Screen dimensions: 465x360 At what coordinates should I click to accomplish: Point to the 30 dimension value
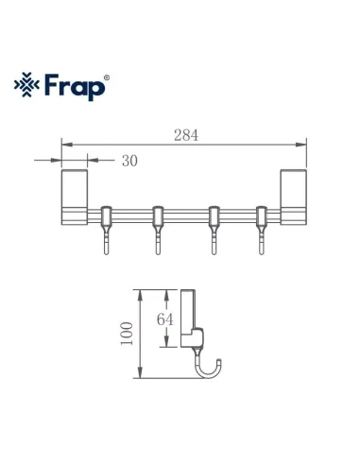(129, 161)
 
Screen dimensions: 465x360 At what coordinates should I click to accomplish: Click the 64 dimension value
(165, 319)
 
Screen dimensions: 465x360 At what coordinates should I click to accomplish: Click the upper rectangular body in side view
(188, 307)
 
